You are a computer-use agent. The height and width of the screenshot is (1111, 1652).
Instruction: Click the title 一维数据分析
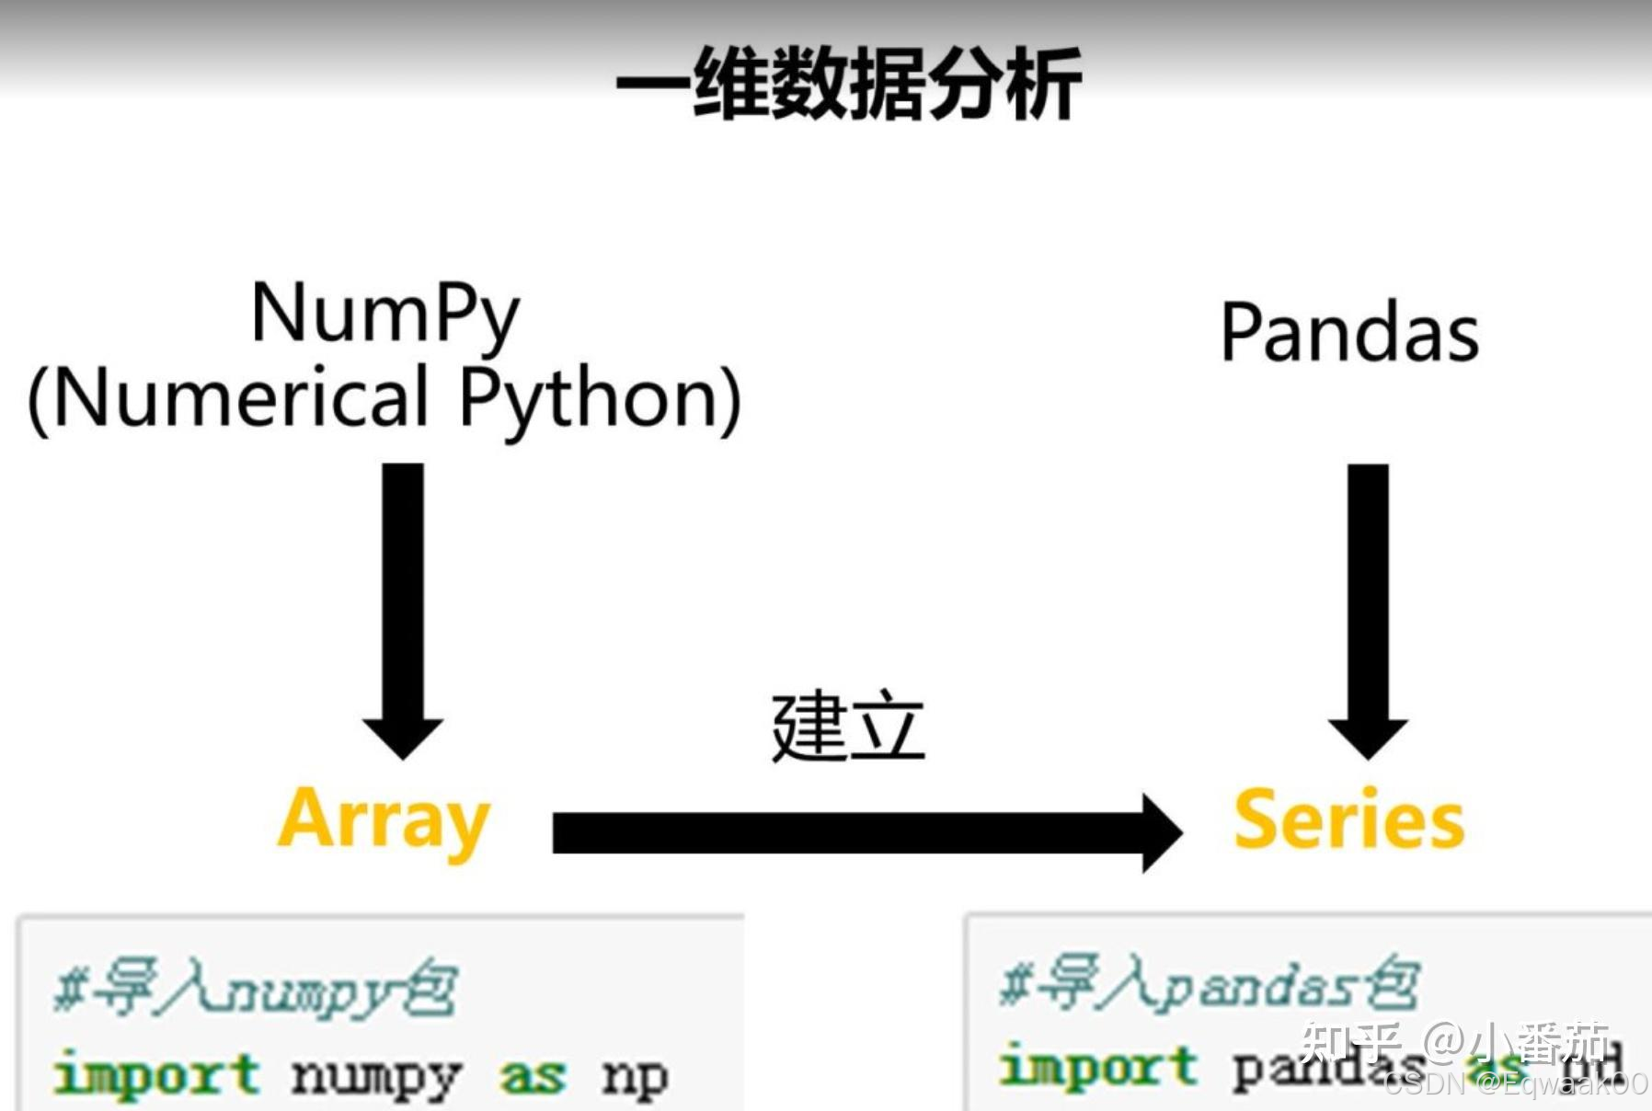pyautogui.click(x=847, y=84)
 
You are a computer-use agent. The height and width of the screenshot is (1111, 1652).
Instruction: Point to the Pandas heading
pyautogui.click(x=1348, y=333)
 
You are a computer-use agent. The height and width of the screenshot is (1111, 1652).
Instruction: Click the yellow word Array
pyautogui.click(x=384, y=819)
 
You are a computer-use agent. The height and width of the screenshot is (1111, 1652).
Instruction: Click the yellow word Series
pyautogui.click(x=1348, y=819)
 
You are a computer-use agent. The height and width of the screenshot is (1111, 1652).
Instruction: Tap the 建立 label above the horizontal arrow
pyautogui.click(x=847, y=727)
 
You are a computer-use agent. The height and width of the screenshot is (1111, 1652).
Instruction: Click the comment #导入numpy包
pyautogui.click(x=255, y=991)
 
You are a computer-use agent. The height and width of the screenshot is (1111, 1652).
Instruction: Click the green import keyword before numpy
pyautogui.click(x=156, y=1074)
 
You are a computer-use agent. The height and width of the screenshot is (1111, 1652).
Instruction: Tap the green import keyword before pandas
pyautogui.click(x=1098, y=1067)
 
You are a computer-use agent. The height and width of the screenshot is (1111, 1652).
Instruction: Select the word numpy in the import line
pyautogui.click(x=374, y=1076)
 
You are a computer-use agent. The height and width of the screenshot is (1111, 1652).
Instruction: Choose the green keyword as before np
pyautogui.click(x=532, y=1076)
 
